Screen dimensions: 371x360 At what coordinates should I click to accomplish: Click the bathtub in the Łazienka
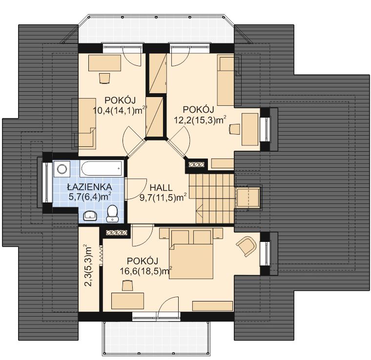(102, 168)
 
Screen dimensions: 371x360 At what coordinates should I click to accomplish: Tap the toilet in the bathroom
(112, 214)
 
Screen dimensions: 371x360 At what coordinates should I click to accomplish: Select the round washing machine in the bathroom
(62, 169)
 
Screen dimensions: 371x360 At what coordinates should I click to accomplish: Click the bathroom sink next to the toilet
(90, 216)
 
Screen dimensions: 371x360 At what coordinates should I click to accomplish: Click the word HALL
(161, 188)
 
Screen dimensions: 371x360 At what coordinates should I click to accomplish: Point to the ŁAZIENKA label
(89, 187)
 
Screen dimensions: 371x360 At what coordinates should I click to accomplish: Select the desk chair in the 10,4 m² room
(104, 78)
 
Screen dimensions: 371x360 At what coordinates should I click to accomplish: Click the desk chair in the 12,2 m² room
(234, 129)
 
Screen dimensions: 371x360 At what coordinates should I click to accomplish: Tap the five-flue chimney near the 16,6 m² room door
(117, 233)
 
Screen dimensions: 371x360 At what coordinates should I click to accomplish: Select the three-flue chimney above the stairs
(196, 164)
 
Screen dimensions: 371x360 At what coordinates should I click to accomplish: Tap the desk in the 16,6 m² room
(127, 301)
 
